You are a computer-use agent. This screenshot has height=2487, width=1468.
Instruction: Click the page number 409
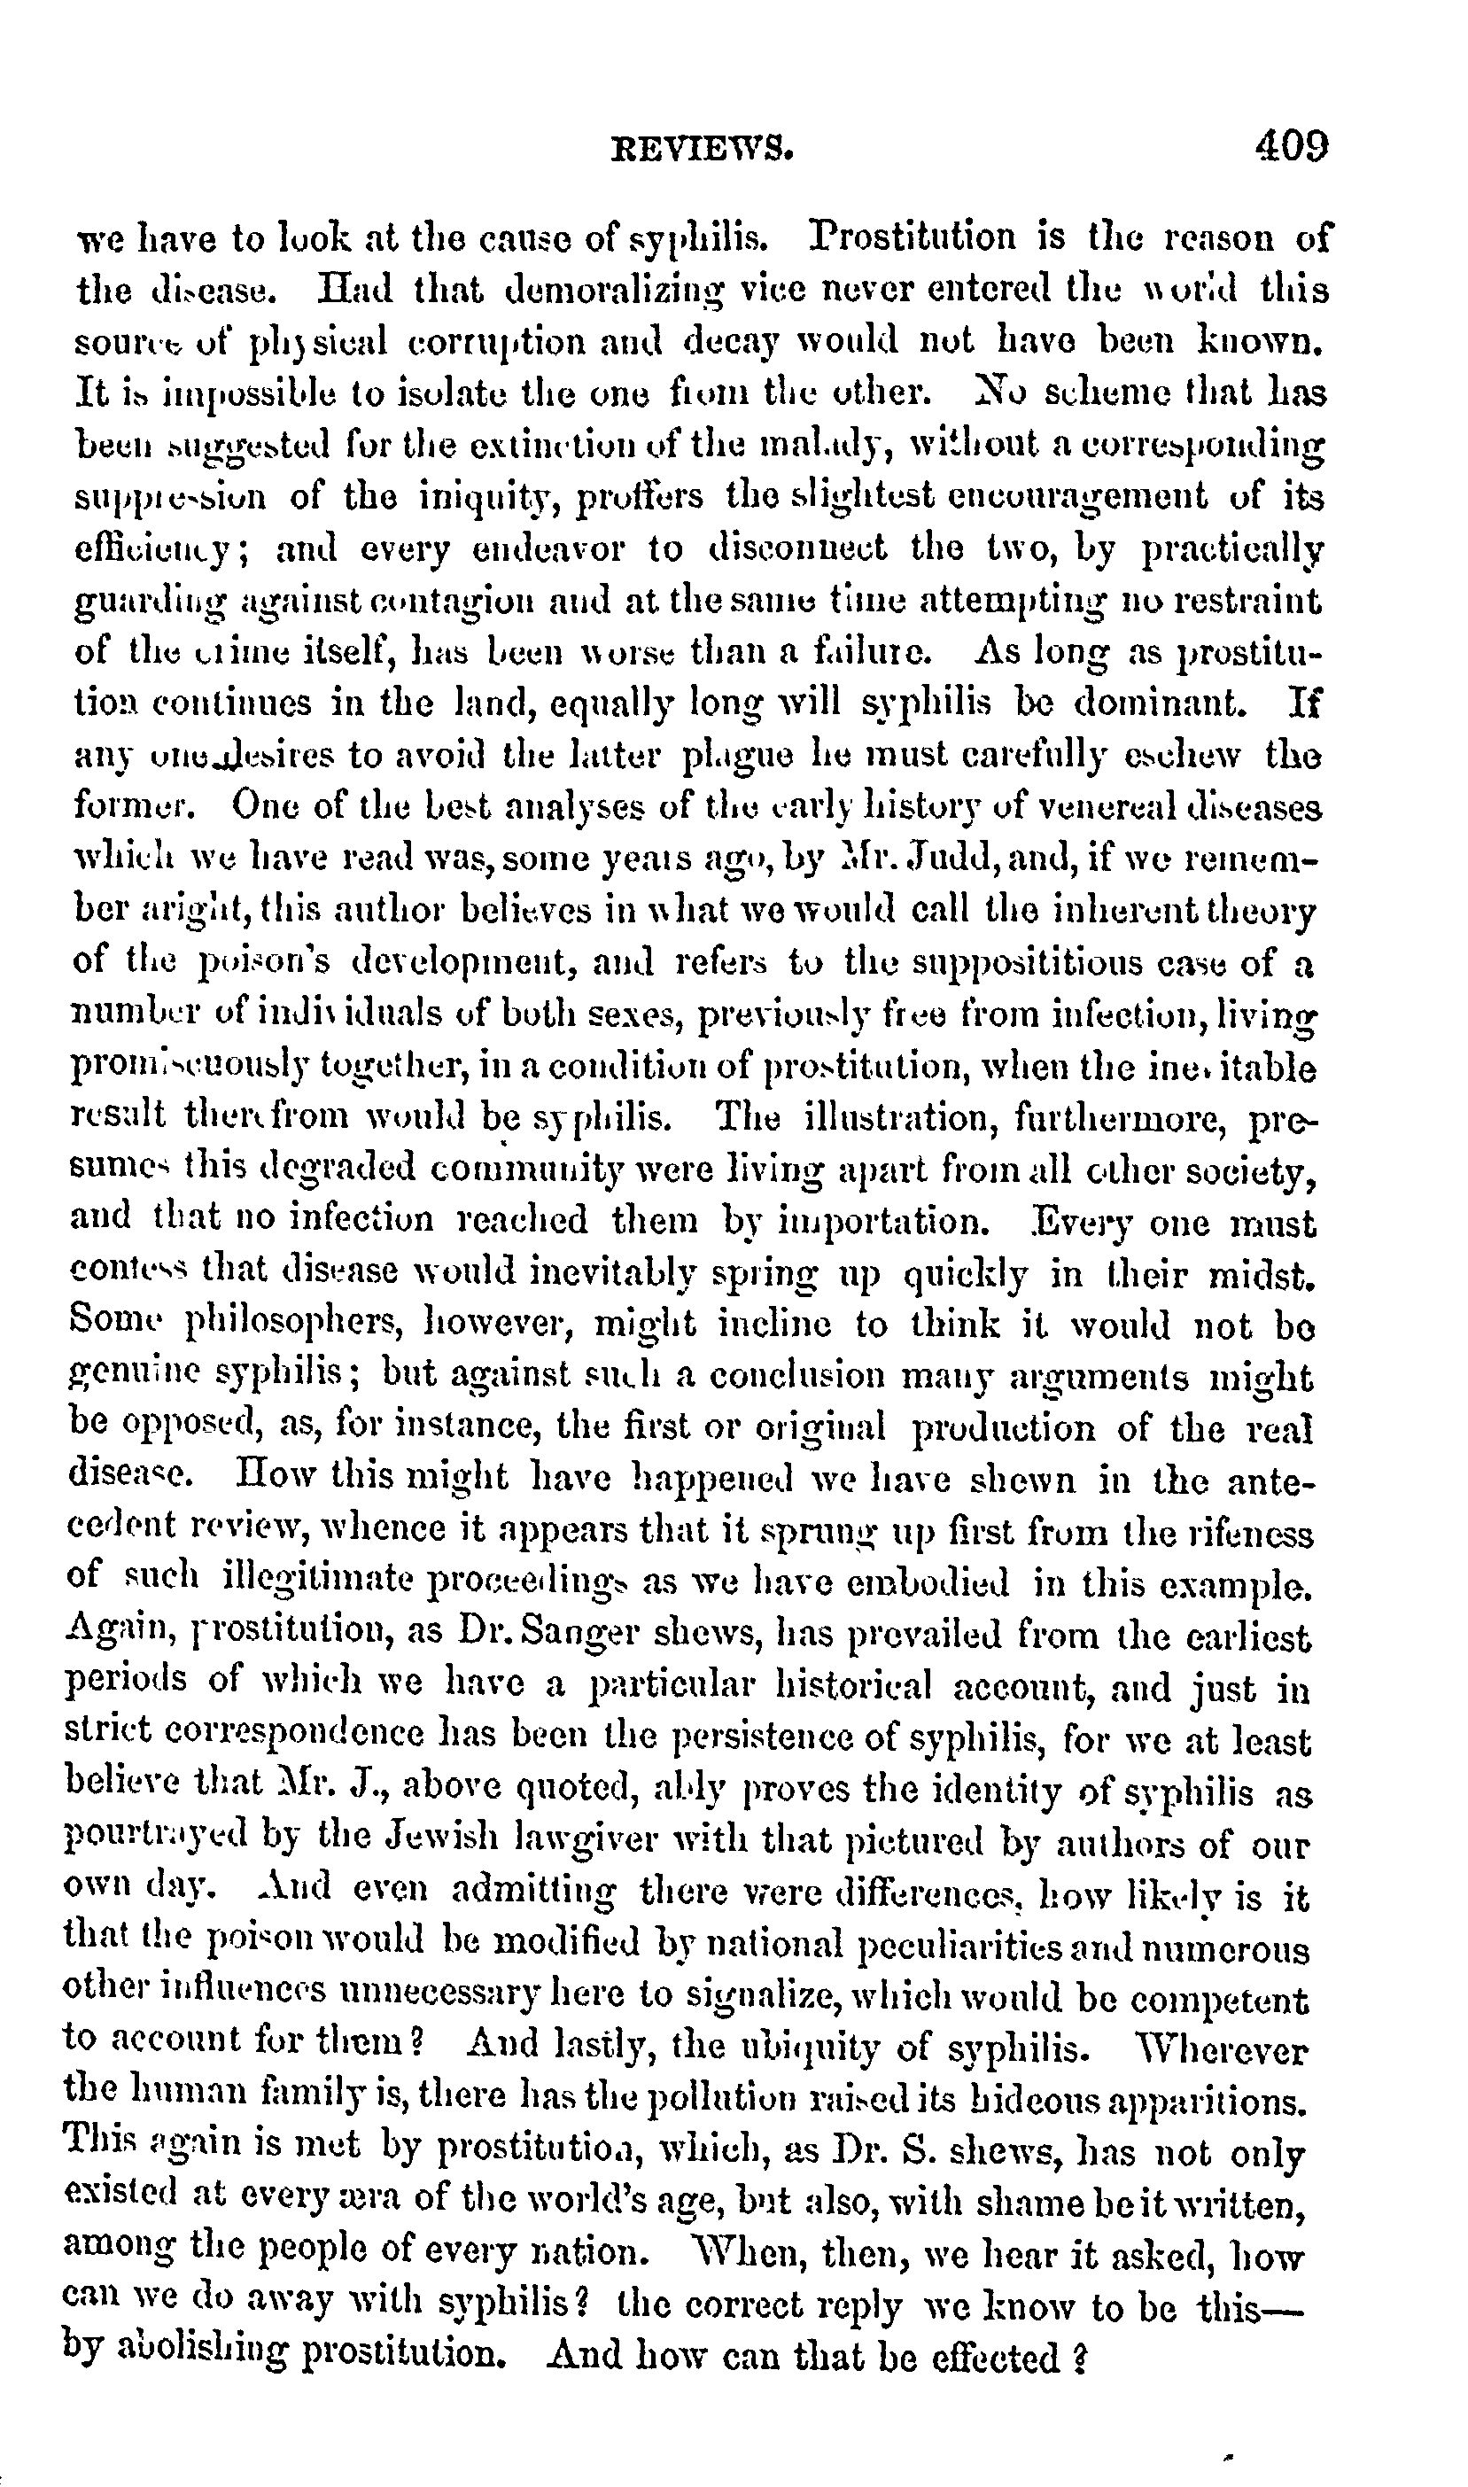click(x=1291, y=146)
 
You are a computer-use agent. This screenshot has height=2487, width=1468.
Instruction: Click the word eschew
click(x=1184, y=757)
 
